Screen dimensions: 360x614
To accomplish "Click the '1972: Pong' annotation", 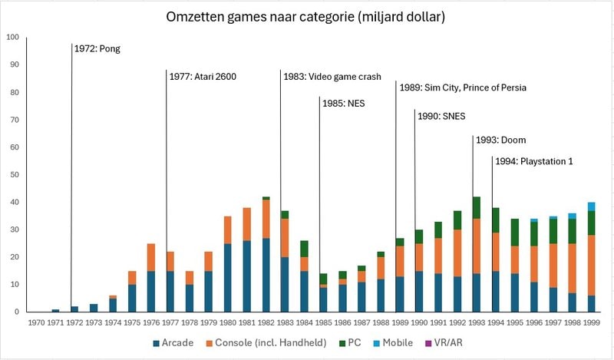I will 97,48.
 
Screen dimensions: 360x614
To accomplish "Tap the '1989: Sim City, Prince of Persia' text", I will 463,88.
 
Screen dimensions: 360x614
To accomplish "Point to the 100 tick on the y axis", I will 12,38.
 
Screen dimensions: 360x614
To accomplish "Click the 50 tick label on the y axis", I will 13,175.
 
